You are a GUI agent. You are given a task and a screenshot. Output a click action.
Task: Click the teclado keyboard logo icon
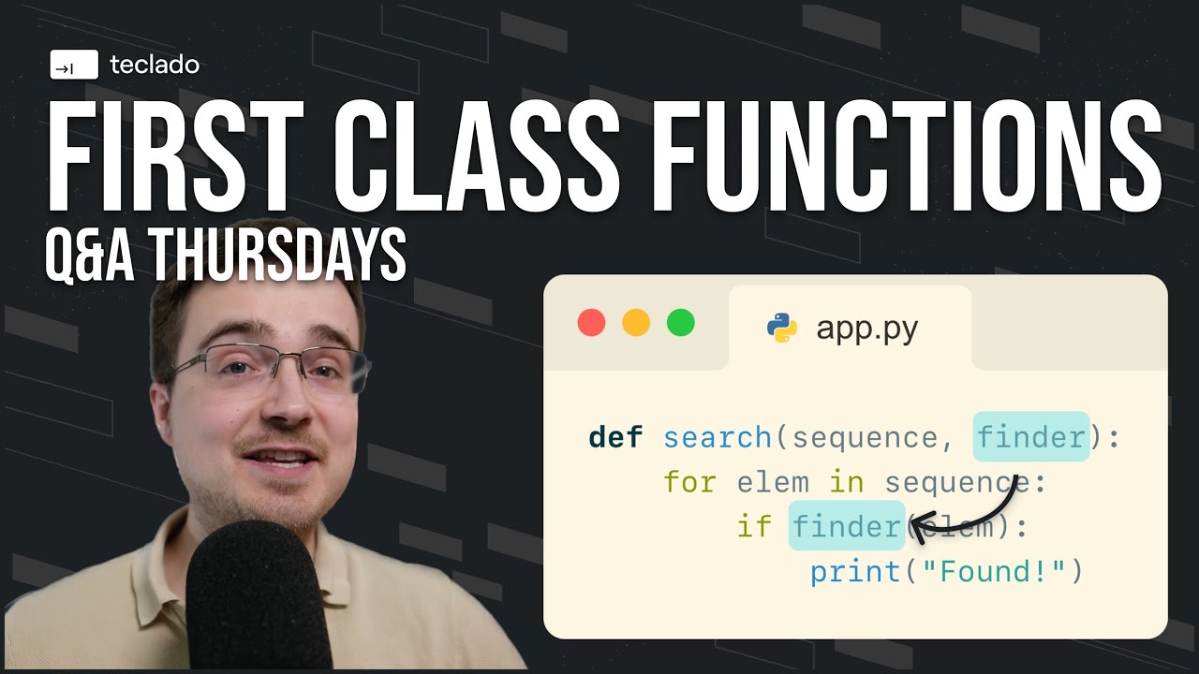click(x=74, y=66)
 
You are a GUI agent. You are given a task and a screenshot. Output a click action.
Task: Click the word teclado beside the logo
click(x=155, y=66)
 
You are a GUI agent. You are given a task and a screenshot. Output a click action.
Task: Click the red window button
click(x=591, y=323)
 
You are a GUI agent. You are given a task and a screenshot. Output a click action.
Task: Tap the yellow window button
click(x=636, y=323)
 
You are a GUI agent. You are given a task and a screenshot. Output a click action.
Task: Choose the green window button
click(x=681, y=323)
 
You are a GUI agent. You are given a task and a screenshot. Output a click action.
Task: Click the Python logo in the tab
click(x=782, y=328)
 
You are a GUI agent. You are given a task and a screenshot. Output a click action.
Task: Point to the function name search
click(x=717, y=437)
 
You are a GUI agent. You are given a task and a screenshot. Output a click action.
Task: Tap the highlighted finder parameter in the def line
click(x=1031, y=437)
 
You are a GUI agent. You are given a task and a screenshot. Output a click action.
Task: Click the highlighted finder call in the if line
click(x=847, y=526)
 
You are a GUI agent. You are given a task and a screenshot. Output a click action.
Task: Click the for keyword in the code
click(x=689, y=482)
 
